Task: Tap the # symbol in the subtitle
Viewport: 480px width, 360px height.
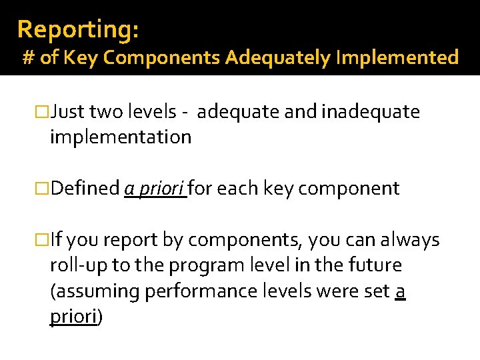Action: tap(29, 58)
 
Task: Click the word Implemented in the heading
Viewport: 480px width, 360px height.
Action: tap(397, 58)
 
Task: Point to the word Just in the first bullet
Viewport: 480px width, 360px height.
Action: tap(69, 112)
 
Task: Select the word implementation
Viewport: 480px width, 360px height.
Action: tap(121, 137)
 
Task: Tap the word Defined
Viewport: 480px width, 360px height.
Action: tap(85, 189)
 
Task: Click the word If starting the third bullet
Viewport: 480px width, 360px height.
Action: tap(57, 239)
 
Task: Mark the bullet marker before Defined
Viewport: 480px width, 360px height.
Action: tap(42, 189)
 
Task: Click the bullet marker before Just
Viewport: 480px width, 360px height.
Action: tap(42, 113)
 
